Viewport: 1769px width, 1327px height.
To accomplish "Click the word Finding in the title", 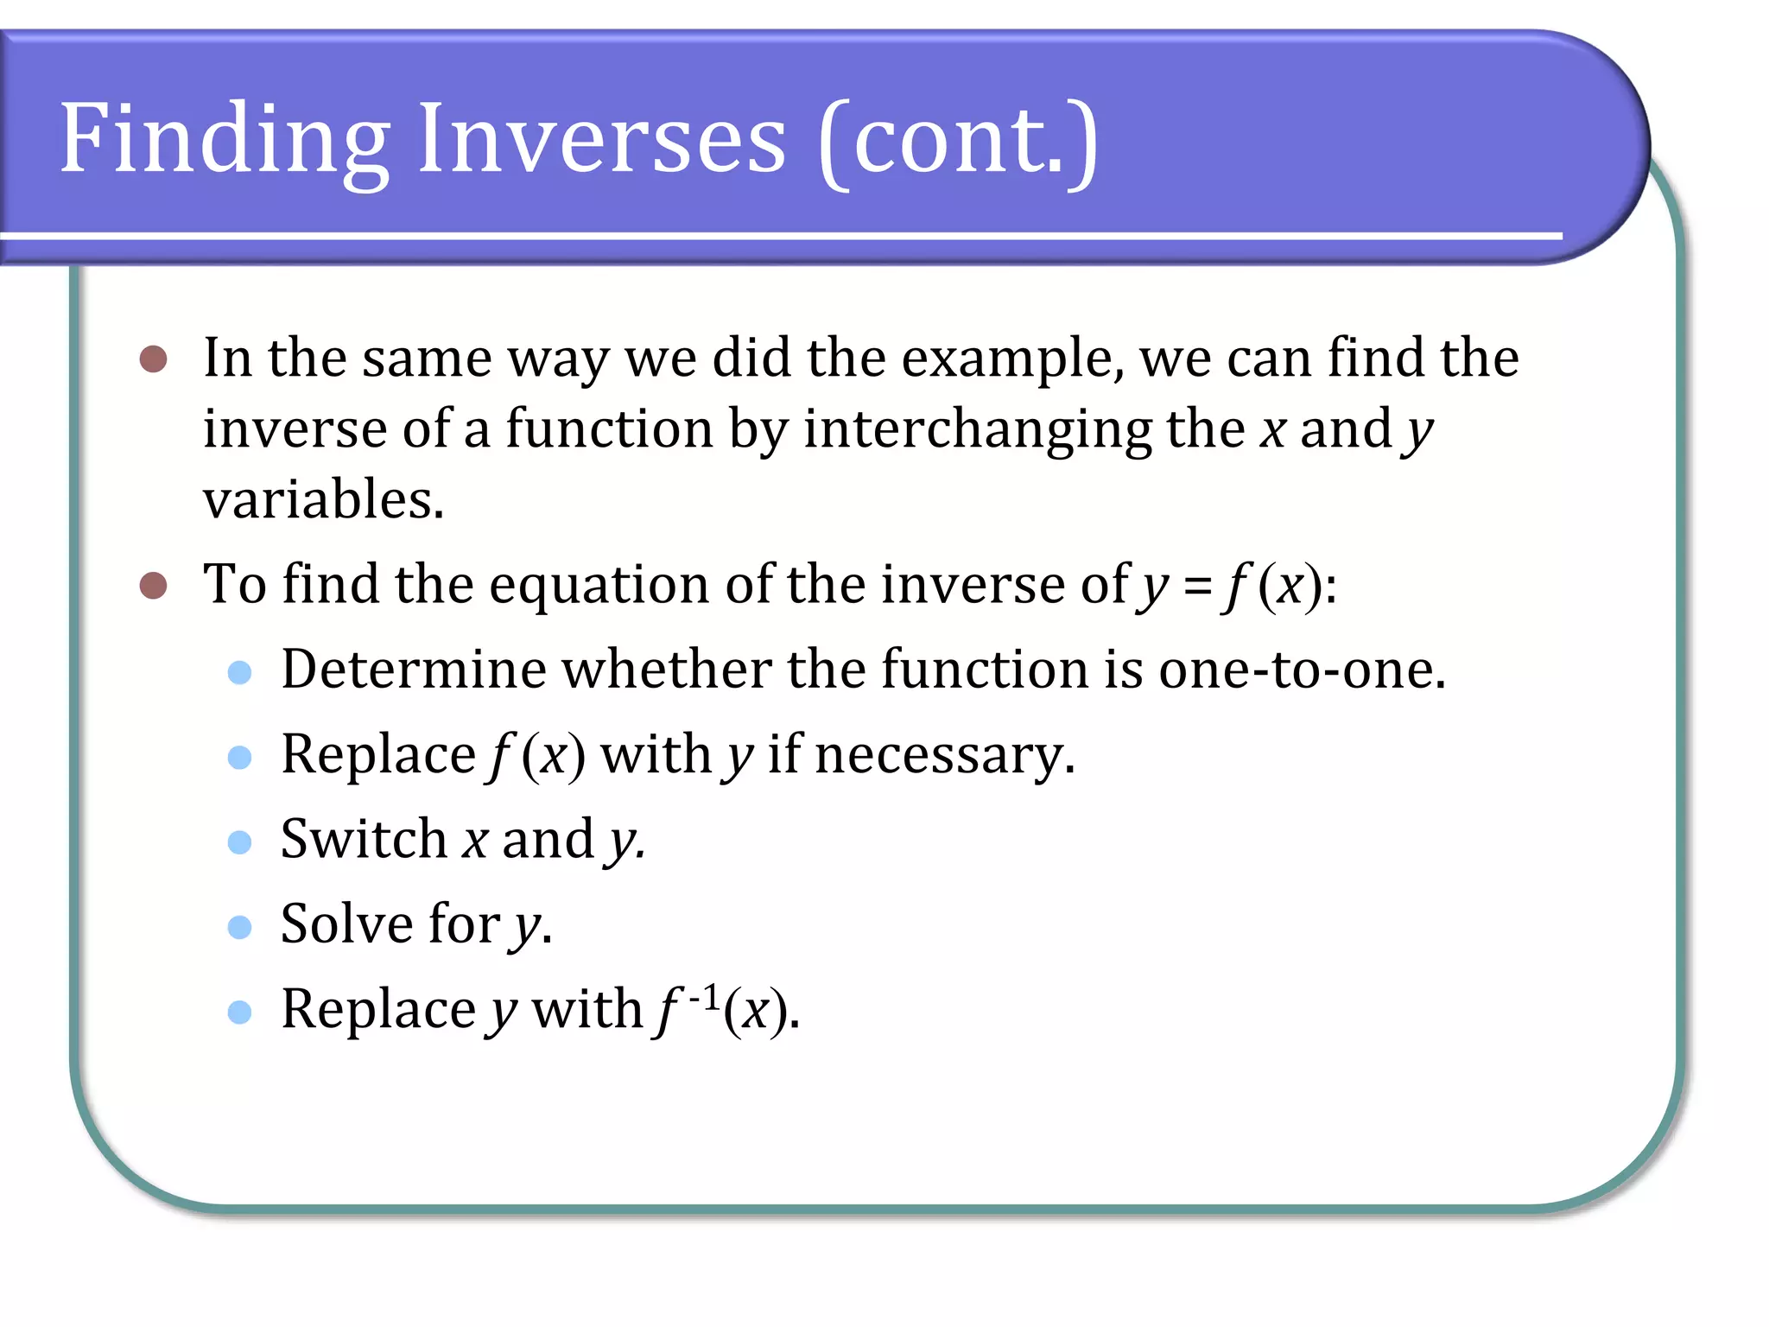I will [225, 141].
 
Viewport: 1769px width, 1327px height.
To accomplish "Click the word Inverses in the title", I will [601, 141].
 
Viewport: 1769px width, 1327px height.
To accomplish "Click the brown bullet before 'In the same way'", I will [153, 359].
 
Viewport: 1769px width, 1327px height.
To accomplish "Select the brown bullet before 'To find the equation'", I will [153, 585].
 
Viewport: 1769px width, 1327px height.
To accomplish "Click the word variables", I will [323, 500].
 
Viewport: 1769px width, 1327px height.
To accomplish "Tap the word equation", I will [598, 586].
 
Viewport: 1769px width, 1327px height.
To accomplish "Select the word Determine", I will [414, 670].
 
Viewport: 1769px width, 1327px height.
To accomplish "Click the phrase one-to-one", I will [1301, 670].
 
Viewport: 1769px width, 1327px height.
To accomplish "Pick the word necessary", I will [944, 755].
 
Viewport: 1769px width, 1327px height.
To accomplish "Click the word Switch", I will [364, 839].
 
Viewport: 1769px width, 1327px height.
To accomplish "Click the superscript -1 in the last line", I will [704, 997].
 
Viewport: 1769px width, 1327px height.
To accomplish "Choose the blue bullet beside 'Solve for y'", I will [239, 927].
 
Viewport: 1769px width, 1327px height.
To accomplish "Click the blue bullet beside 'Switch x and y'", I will [239, 842].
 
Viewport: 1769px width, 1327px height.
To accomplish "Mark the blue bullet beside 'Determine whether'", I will [239, 672].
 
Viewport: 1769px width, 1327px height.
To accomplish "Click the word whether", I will [667, 670].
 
